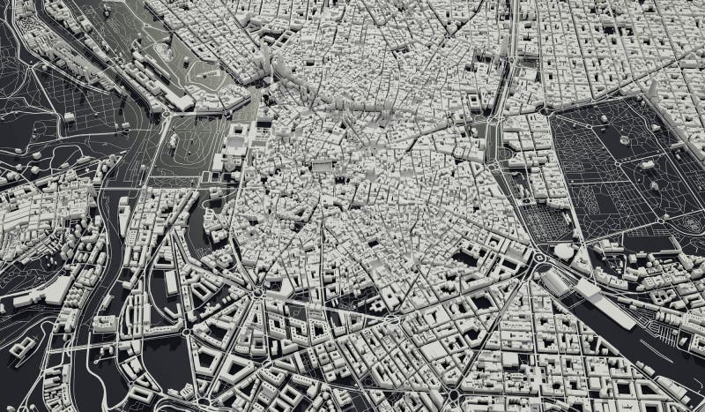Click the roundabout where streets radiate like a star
tap(256, 290)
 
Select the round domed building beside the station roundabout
tap(563, 251)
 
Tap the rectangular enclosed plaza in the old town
tap(321, 165)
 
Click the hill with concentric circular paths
tap(167, 53)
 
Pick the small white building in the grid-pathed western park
tap(69, 116)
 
